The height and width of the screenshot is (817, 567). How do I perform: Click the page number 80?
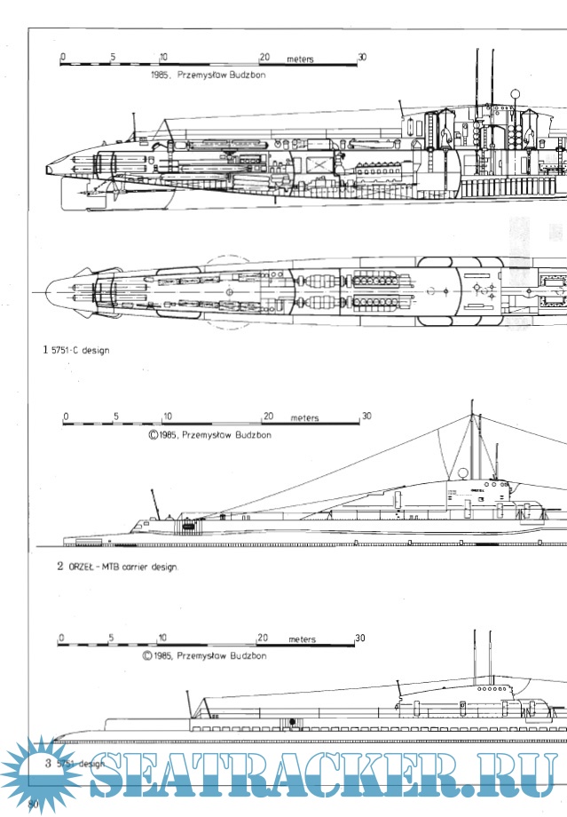35,804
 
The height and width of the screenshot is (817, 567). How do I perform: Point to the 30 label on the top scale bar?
361,57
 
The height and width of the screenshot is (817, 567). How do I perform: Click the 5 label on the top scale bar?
113,57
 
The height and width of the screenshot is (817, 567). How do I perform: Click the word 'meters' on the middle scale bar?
303,417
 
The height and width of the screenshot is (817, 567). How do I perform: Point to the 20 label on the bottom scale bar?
263,639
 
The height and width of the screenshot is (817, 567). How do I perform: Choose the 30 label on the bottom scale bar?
359,639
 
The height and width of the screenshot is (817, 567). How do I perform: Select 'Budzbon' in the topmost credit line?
244,75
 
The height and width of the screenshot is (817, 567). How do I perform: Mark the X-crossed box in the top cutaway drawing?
317,163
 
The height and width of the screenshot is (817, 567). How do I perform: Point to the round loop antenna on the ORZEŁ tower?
462,474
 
